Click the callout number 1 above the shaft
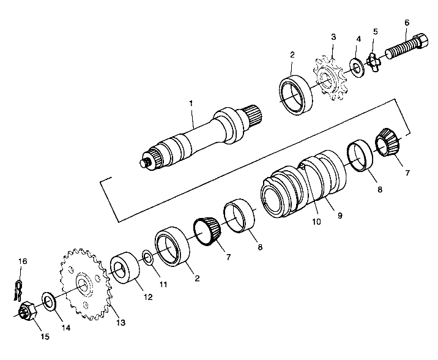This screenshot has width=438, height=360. (x=191, y=103)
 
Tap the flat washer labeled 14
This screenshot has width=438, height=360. (x=48, y=300)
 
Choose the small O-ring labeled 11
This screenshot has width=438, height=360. (x=147, y=255)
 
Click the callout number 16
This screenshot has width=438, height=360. (x=23, y=262)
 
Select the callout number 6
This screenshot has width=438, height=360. (x=406, y=23)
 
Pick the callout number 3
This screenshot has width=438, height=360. (x=333, y=37)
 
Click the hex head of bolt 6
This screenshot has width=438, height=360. (x=421, y=41)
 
